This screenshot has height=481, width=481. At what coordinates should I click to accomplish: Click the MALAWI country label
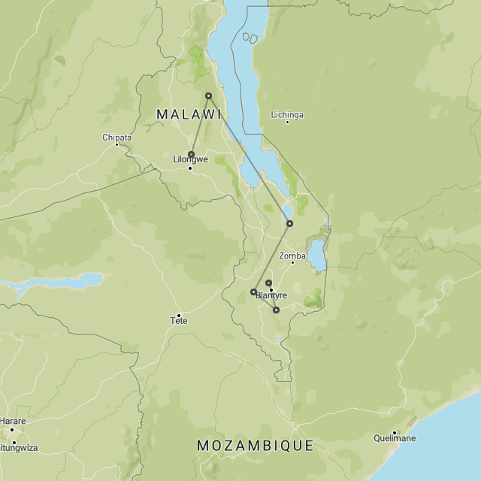click(x=189, y=114)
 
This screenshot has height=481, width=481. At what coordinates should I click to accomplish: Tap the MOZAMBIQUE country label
click(x=255, y=446)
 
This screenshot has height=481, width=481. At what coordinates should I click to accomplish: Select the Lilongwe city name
click(x=190, y=159)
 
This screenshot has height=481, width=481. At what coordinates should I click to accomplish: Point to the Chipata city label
click(x=116, y=138)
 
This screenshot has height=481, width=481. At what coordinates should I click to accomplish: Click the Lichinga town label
click(x=287, y=115)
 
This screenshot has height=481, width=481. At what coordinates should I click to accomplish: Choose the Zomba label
click(x=292, y=256)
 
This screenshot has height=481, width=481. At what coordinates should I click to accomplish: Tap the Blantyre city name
click(x=271, y=295)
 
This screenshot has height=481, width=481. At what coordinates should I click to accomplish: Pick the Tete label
click(x=179, y=321)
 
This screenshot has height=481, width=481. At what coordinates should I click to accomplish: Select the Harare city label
click(x=13, y=421)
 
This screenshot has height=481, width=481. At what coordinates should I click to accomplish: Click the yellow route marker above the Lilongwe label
click(x=191, y=154)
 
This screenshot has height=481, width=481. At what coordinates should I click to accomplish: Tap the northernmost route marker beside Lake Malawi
click(x=208, y=95)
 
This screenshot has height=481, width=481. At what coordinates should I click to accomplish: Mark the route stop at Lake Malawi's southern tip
click(x=289, y=223)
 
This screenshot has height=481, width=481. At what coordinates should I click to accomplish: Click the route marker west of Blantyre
click(x=253, y=292)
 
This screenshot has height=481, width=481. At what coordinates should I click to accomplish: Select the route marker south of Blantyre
click(x=276, y=310)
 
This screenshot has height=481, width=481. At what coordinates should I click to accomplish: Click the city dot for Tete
click(x=179, y=315)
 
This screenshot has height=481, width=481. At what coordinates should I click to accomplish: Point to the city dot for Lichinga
click(x=287, y=122)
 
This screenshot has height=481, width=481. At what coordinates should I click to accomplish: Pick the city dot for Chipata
click(x=116, y=144)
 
